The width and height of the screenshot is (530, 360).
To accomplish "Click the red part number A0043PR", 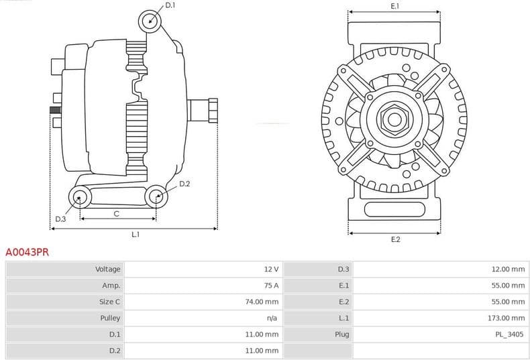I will [x=27, y=253].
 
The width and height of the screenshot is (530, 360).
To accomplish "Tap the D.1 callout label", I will [x=170, y=5].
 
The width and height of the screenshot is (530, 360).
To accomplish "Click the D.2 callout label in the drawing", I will [x=184, y=184].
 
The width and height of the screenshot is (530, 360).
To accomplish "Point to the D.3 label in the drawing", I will [x=60, y=219].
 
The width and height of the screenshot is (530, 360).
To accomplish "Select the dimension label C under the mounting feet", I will [x=116, y=214].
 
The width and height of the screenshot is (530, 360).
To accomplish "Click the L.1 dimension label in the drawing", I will [x=135, y=235].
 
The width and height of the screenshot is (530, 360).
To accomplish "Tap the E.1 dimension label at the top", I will [x=395, y=6].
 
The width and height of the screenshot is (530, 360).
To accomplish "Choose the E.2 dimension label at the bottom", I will [x=395, y=239].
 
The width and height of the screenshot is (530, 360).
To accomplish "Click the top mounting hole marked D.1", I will [x=150, y=21].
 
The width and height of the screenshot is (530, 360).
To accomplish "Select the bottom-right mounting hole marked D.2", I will [x=156, y=196].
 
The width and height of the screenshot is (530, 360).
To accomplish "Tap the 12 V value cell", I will [x=271, y=269].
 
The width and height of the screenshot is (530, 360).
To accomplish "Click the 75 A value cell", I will [x=271, y=286].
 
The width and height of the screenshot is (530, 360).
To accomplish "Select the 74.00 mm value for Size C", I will [x=262, y=302].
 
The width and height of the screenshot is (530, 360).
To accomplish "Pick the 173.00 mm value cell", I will [x=508, y=318].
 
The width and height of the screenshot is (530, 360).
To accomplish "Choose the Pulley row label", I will [x=111, y=318].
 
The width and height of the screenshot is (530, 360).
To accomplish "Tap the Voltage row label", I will [x=108, y=269].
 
